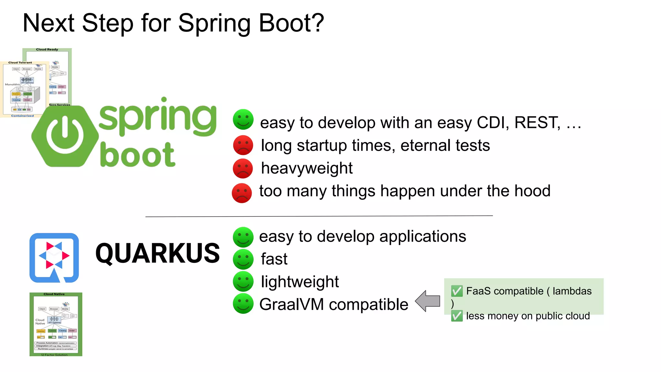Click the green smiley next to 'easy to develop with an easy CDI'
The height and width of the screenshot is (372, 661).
point(243,119)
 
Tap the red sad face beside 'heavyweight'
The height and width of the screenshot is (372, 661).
point(243,168)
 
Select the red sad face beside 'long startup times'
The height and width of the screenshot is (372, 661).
point(243,145)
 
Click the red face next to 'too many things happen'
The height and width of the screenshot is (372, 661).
point(242,193)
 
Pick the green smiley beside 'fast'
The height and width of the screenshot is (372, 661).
point(243,259)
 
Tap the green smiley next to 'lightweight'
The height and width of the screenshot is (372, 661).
point(243,282)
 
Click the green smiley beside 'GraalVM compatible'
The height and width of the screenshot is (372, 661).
point(243,304)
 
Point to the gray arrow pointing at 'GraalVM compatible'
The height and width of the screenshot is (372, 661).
point(428,301)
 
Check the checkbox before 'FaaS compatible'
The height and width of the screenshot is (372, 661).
point(457,291)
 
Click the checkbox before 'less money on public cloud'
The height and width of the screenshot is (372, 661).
point(457,316)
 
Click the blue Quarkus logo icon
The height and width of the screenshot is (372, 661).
point(54,258)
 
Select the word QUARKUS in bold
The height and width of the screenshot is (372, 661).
point(158,253)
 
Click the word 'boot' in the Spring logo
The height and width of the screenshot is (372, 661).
point(137,155)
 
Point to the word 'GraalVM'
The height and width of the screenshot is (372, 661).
point(291,305)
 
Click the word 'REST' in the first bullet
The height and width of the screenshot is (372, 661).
point(537,123)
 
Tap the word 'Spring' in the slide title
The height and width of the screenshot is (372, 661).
point(214,23)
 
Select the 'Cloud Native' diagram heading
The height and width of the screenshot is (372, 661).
point(54,294)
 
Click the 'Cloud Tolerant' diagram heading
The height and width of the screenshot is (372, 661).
point(20,63)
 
